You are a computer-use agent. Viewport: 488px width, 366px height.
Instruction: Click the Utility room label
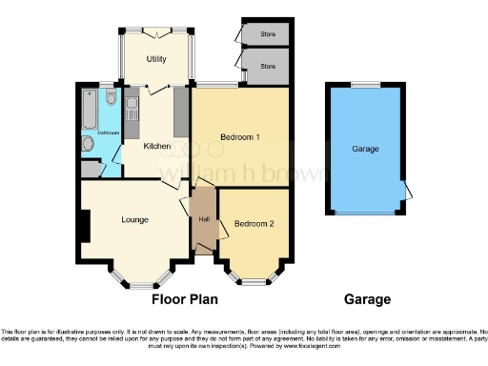(x=156, y=59)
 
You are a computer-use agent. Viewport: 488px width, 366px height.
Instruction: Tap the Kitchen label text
(x=156, y=146)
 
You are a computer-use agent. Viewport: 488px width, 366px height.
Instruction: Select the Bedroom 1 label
(x=240, y=137)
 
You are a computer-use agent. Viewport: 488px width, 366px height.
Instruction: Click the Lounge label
(x=134, y=220)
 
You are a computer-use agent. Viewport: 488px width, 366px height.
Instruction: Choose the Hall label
(x=204, y=220)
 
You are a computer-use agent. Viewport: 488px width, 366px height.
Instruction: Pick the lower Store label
(x=269, y=67)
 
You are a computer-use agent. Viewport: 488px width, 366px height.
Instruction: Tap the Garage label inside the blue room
(x=365, y=150)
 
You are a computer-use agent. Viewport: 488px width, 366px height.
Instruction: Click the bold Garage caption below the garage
(x=367, y=299)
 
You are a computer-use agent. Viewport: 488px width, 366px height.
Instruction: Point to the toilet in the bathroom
(x=112, y=98)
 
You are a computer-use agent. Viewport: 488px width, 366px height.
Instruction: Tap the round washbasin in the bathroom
(x=88, y=144)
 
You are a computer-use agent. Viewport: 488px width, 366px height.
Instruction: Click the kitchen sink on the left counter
(x=133, y=102)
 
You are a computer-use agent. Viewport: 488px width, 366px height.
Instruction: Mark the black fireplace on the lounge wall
(x=85, y=225)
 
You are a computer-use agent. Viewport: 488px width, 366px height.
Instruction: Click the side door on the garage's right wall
(x=408, y=190)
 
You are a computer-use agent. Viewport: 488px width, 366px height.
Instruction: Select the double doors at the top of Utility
(x=156, y=30)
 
